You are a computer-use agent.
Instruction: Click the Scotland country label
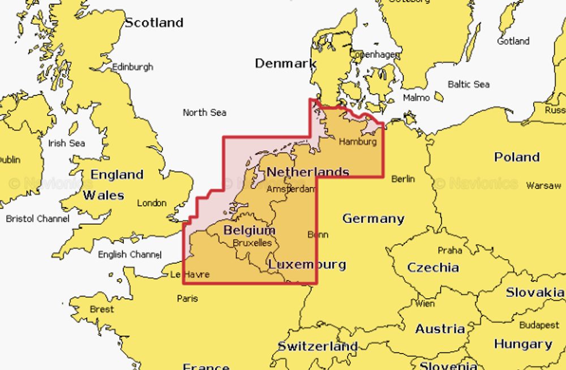pos(154,23)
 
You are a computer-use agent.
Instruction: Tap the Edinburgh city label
pos(132,67)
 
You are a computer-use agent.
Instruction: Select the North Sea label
pos(204,113)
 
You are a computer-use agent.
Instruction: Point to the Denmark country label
pos(285,63)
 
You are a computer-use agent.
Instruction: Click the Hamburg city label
pos(357,142)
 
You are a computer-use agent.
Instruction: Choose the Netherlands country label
pos(307,171)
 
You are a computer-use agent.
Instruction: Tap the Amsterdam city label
pos(290,189)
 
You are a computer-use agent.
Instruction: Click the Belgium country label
pos(249,230)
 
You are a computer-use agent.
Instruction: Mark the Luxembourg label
pos(307,265)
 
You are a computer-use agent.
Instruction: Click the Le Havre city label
pos(190,274)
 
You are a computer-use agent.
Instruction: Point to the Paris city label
pos(187,298)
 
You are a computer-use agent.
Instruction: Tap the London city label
pos(152,203)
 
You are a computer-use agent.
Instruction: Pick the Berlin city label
pos(403,179)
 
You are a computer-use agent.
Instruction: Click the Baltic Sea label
pos(468,84)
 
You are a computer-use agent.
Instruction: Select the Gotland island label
pos(513,41)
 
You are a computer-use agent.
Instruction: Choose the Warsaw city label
pos(543,186)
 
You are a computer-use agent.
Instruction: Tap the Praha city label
pos(450,250)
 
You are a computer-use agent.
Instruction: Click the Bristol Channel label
pos(38,218)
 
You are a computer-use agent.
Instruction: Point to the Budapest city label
pos(539,325)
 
